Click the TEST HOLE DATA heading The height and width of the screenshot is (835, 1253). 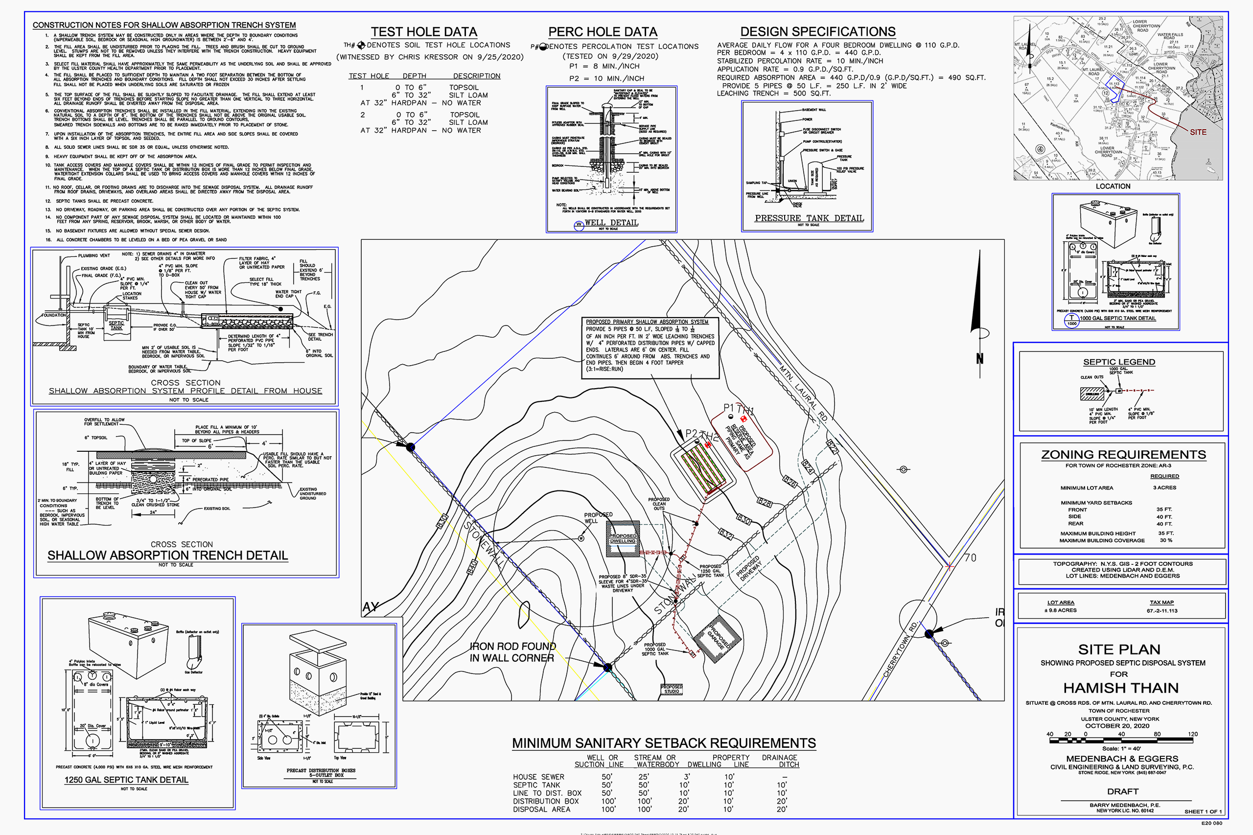pyautogui.click(x=424, y=32)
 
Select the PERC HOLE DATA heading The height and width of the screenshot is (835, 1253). pyautogui.click(x=603, y=32)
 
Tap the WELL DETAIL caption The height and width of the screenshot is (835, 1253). pyautogui.click(x=611, y=223)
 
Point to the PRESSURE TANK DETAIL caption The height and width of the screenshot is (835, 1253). pyautogui.click(x=809, y=218)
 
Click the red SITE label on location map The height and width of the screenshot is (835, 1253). pyautogui.click(x=1198, y=132)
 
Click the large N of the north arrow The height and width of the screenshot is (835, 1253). pyautogui.click(x=979, y=359)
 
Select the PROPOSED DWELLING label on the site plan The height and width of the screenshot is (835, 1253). pyautogui.click(x=623, y=538)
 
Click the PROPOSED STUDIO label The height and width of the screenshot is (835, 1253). pyautogui.click(x=672, y=689)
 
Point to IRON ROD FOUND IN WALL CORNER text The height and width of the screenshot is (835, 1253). pyautogui.click(x=512, y=652)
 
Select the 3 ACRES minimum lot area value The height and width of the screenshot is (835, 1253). pyautogui.click(x=1164, y=488)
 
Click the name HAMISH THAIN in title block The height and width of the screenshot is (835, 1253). pyautogui.click(x=1121, y=688)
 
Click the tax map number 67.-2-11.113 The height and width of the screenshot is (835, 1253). pyautogui.click(x=1162, y=611)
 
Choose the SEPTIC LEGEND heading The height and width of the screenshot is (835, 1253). pyautogui.click(x=1119, y=362)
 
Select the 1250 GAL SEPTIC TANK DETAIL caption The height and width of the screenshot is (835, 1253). pyautogui.click(x=126, y=780)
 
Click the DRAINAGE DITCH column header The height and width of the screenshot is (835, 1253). pyautogui.click(x=780, y=761)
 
